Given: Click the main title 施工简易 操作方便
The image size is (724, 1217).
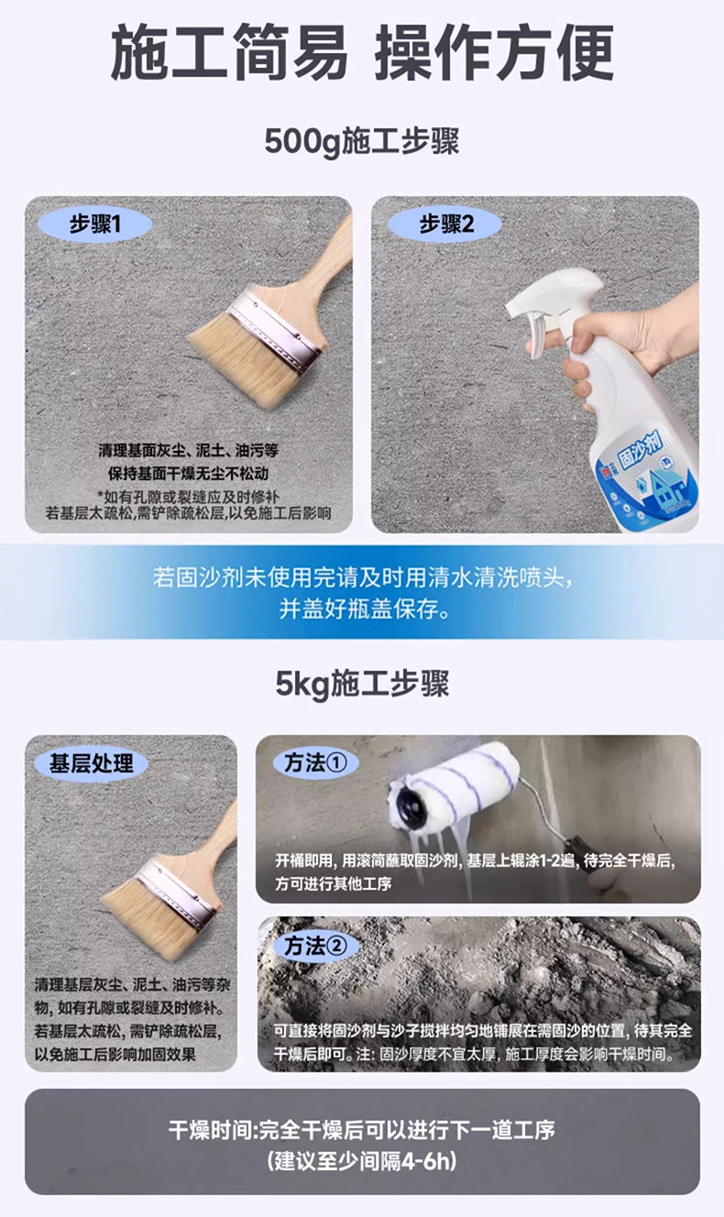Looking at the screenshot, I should click(362, 53).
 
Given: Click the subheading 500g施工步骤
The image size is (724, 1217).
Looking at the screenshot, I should click(362, 142).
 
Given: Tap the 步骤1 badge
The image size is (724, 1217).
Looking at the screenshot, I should click(94, 224).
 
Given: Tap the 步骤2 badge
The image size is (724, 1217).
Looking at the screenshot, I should click(446, 224).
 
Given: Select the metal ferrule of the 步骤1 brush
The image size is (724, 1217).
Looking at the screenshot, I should click(275, 326).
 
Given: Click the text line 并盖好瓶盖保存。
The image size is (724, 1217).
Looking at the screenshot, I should click(363, 610).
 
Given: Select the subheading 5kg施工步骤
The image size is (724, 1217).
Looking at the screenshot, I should click(362, 685).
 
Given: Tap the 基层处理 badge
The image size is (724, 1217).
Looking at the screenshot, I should click(91, 763).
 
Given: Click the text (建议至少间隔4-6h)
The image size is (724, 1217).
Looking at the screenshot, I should click(362, 1162).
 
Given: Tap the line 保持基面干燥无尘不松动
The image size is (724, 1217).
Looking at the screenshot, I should click(188, 474).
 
